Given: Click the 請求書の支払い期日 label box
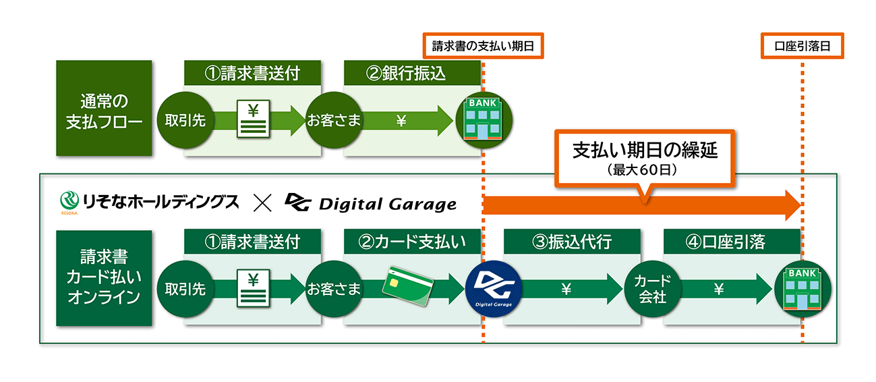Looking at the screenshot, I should (x=483, y=46).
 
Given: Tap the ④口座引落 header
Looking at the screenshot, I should (x=731, y=241).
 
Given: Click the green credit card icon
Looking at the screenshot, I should (x=408, y=284).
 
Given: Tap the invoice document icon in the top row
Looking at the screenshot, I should (x=253, y=119).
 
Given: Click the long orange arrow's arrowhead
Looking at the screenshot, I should (x=790, y=204).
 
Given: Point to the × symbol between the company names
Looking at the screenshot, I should (x=262, y=202).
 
